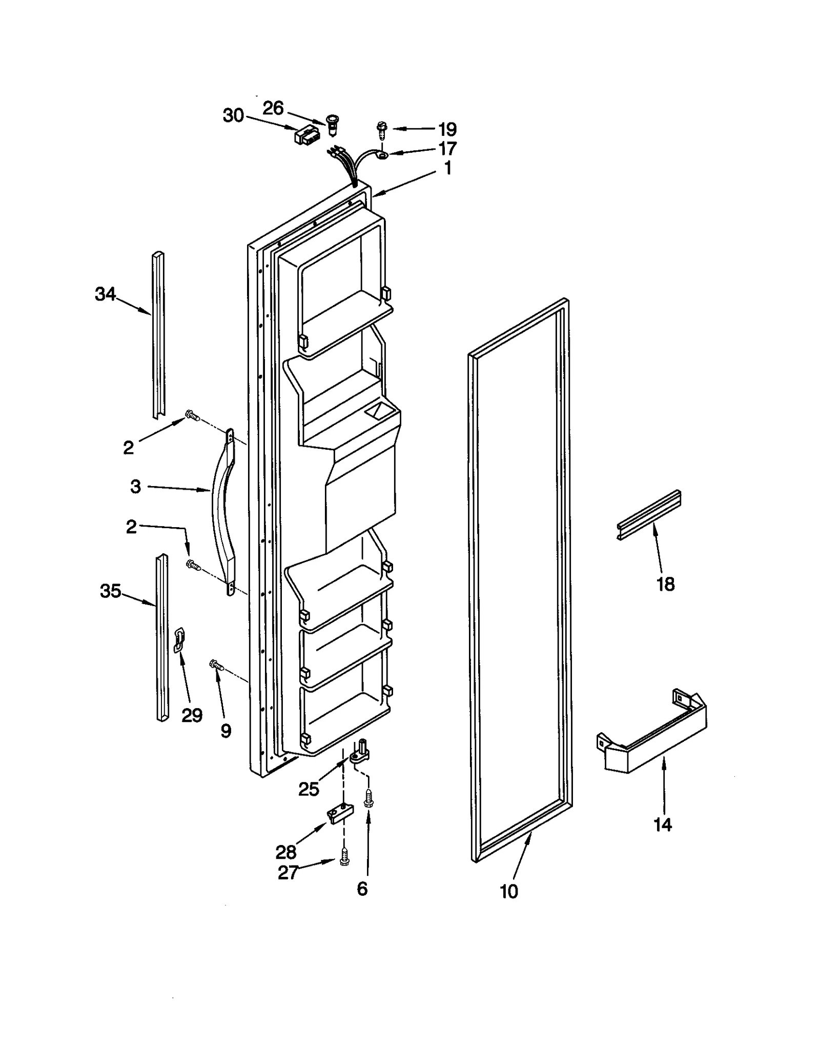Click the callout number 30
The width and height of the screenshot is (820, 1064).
click(x=233, y=116)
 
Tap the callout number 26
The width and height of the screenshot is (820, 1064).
click(x=273, y=108)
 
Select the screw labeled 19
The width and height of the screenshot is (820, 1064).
click(x=382, y=129)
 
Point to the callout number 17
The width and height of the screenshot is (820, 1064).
click(x=447, y=149)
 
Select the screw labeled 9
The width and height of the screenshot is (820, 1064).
click(x=216, y=666)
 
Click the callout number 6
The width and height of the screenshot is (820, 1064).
click(x=362, y=889)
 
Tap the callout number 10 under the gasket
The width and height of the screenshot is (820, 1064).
click(x=509, y=892)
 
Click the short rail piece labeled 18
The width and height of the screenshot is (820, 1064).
click(x=648, y=515)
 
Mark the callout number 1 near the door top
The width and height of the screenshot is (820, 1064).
click(x=447, y=168)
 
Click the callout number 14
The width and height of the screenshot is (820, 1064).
click(x=663, y=825)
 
